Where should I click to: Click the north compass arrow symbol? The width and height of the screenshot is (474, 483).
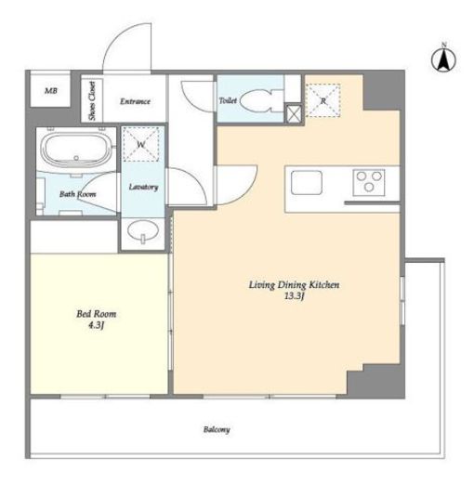click(443, 59)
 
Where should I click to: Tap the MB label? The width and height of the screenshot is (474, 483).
click(51, 91)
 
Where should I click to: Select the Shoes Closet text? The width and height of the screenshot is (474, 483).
click(92, 100)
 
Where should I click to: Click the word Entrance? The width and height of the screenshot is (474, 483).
click(135, 101)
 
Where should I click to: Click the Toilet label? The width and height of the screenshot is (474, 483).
click(228, 100)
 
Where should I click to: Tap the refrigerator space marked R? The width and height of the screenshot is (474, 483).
click(323, 100)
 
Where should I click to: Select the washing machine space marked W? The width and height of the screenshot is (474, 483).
click(141, 144)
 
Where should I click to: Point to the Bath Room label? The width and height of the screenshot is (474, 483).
click(77, 194)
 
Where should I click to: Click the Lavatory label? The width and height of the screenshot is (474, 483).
click(143, 187)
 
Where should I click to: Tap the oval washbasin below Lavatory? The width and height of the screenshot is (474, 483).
click(143, 230)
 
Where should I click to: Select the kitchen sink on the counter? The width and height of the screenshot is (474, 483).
click(306, 182)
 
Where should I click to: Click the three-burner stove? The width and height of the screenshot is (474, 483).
click(369, 182)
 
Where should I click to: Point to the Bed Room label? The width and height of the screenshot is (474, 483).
click(97, 314)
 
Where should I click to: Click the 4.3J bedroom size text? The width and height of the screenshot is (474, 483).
click(96, 325)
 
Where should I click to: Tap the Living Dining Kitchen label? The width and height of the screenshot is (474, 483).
click(294, 285)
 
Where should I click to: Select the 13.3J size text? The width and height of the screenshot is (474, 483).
click(294, 296)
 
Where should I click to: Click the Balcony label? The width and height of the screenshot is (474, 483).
click(217, 429)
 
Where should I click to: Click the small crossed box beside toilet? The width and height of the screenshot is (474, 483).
click(293, 113)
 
